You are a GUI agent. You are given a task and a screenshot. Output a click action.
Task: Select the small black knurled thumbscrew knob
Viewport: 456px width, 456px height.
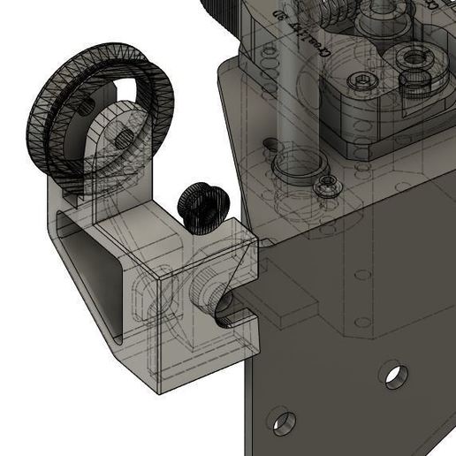(x=202, y=208)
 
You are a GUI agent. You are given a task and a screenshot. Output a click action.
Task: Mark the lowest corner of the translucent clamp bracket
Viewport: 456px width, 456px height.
(x=158, y=389)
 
